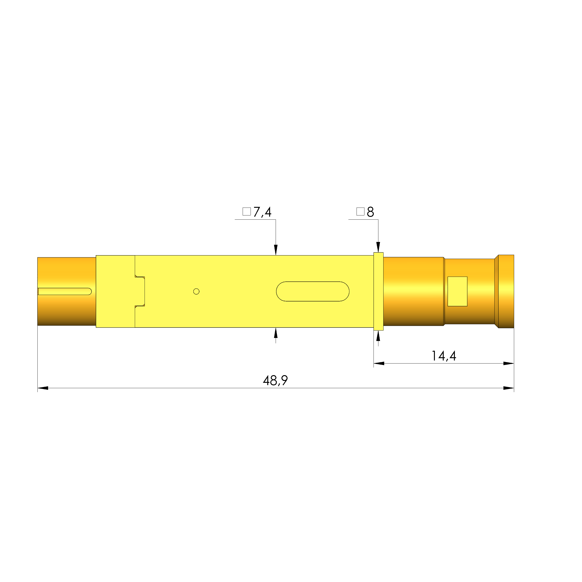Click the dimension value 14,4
pos(443,356)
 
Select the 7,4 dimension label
pos(262,212)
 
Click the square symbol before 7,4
pos(246,212)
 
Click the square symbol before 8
pos(360,212)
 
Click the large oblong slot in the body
pos(312,291)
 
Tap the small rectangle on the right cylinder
pos(457,291)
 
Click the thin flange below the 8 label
pos(378,291)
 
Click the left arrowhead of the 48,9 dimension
pos(43,388)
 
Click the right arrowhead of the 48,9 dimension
pos(509,388)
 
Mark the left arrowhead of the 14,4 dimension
pos(379,363)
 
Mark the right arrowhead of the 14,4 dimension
pos(509,363)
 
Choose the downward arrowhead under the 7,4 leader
pos(276,250)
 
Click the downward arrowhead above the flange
pos(378,247)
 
